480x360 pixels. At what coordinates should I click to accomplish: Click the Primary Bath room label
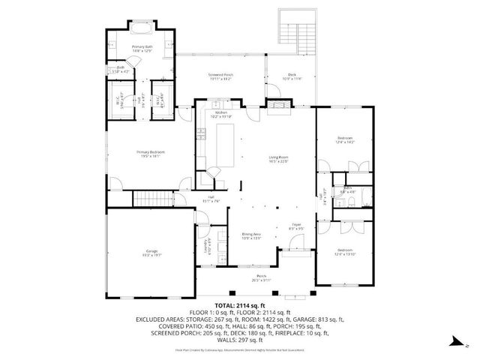click(x=142, y=49)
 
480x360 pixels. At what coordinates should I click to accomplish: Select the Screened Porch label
click(x=222, y=77)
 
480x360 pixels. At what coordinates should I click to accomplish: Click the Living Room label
click(x=279, y=159)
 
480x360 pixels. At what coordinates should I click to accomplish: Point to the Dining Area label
click(x=251, y=236)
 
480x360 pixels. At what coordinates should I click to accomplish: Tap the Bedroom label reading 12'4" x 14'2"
click(x=345, y=140)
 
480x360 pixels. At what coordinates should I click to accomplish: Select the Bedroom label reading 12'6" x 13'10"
click(x=345, y=251)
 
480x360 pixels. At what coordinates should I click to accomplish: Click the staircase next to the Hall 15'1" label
click(x=149, y=199)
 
